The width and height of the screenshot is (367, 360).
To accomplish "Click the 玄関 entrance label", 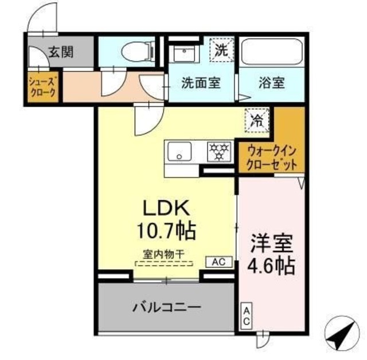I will point(59,53).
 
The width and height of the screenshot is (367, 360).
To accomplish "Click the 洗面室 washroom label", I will point(201,83).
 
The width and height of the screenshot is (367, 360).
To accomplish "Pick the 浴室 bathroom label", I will point(272,83).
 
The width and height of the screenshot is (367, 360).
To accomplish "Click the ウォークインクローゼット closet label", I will point(272,157).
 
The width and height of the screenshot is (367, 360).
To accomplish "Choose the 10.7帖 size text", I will point(166,231).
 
